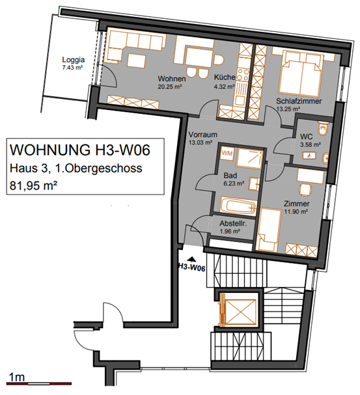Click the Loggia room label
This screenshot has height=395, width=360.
click(74, 60)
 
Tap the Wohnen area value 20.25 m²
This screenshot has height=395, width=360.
click(170, 87)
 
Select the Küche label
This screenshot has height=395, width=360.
click(225, 77)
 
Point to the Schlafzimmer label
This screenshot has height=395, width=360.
click(299, 101)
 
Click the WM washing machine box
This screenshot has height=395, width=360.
click(227, 153)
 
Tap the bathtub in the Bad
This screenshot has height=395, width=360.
click(238, 206)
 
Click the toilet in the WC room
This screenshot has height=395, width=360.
click(324, 128)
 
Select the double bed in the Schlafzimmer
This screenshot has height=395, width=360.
click(300, 74)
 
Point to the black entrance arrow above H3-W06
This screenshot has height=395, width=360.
click(193, 259)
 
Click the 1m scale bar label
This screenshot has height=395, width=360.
click(17, 377)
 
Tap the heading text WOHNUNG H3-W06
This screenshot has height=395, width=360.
click(80, 150)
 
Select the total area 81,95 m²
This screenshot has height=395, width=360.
click(33, 186)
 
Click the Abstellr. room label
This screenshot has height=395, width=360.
click(233, 223)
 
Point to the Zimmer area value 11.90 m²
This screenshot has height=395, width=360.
click(296, 211)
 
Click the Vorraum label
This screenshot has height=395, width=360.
click(203, 135)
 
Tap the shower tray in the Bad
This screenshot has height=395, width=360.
click(249, 157)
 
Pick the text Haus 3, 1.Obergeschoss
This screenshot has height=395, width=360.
click(76, 169)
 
